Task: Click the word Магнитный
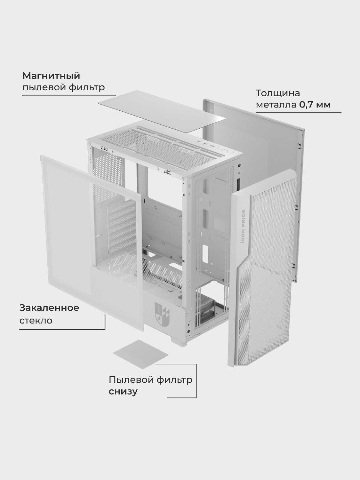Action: click(x=51, y=76)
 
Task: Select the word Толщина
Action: click(x=278, y=93)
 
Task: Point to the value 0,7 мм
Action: click(x=315, y=105)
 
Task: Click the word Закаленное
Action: click(x=49, y=308)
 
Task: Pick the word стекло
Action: click(x=36, y=321)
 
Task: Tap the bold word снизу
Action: click(x=123, y=391)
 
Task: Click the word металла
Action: click(x=276, y=105)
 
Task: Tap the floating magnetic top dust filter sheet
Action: click(x=162, y=111)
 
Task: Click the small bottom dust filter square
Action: click(x=141, y=354)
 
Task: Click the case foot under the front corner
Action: click(x=179, y=341)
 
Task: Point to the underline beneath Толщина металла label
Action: click(x=299, y=112)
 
